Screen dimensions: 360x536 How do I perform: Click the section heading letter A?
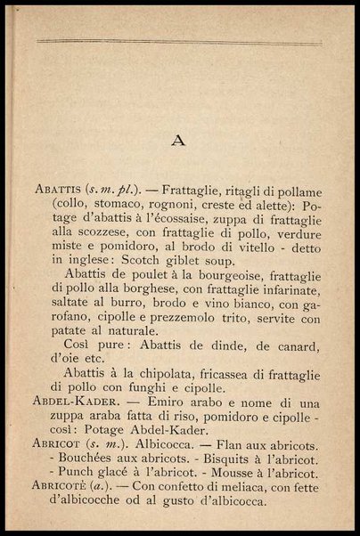tap(179, 140)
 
